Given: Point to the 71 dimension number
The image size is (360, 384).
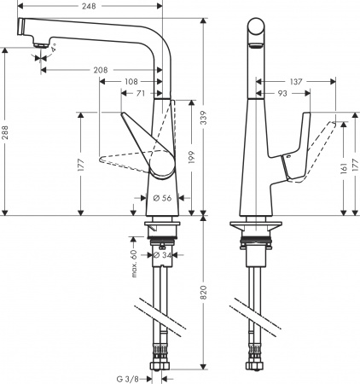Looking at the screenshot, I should [141, 93].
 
